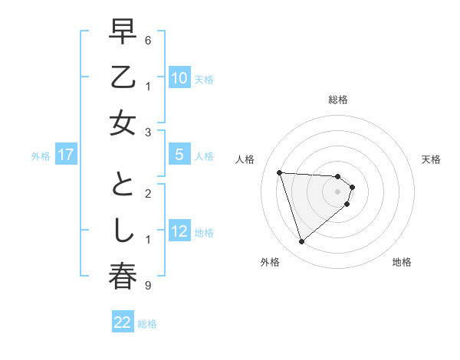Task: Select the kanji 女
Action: [x=123, y=123]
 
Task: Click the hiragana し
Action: [x=123, y=231]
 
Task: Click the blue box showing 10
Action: [x=179, y=77]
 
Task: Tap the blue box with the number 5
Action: [x=179, y=155]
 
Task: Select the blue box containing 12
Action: [x=179, y=231]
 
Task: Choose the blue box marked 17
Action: [x=66, y=155]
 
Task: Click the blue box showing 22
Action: [x=123, y=322]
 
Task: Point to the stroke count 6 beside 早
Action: [x=148, y=40]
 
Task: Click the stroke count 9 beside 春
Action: [x=148, y=286]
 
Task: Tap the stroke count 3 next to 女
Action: [x=148, y=133]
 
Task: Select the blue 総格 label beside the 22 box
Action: [x=147, y=324]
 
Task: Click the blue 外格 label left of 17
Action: [x=41, y=156]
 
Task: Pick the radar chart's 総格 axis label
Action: [x=338, y=100]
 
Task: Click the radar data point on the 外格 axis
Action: [x=301, y=242]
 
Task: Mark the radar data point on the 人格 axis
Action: [x=279, y=172]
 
